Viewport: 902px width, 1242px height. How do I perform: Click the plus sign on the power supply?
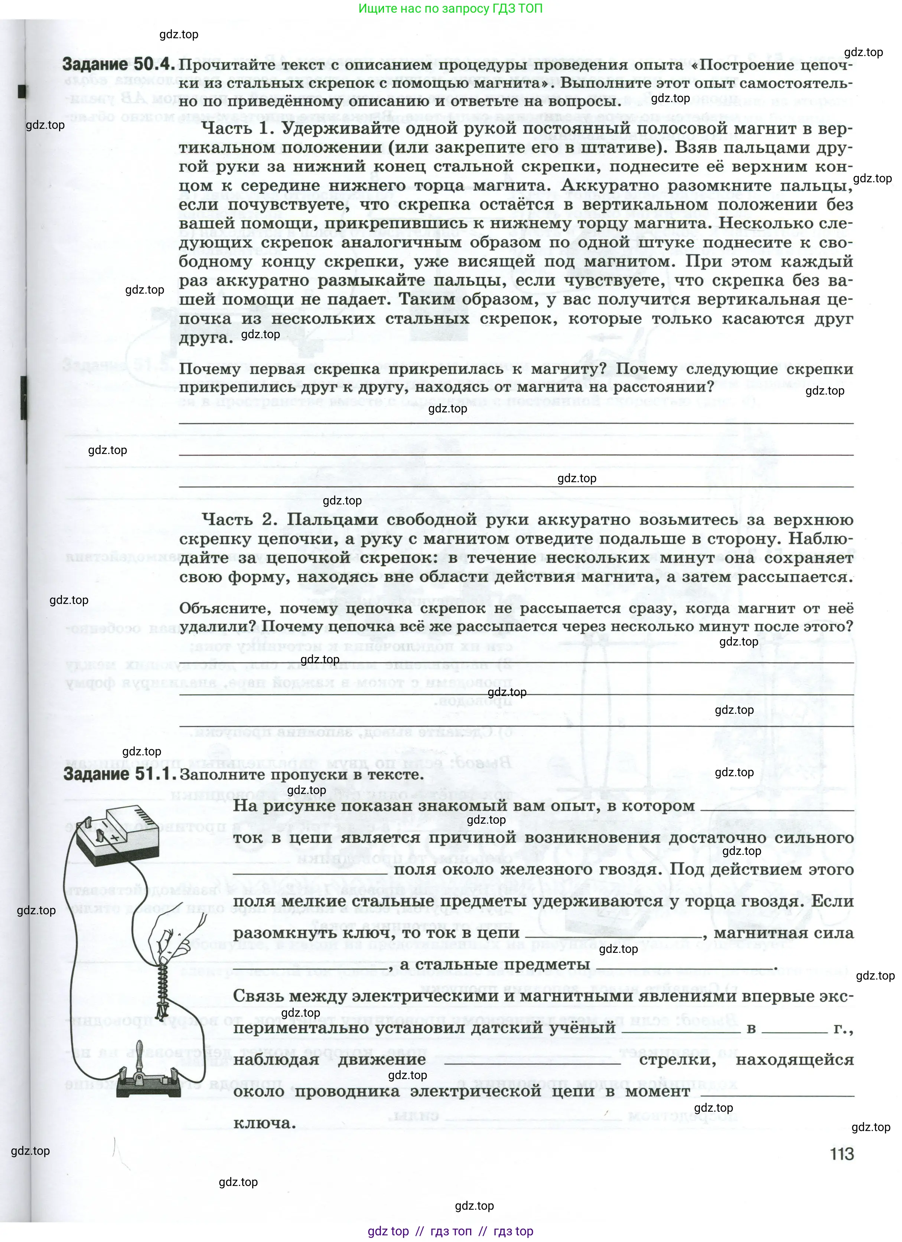[x=114, y=838]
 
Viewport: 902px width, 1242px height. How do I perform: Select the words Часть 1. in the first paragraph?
[x=237, y=129]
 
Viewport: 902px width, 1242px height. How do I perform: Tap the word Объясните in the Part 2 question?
[x=224, y=608]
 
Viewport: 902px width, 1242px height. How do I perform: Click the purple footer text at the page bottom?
[x=450, y=1231]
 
